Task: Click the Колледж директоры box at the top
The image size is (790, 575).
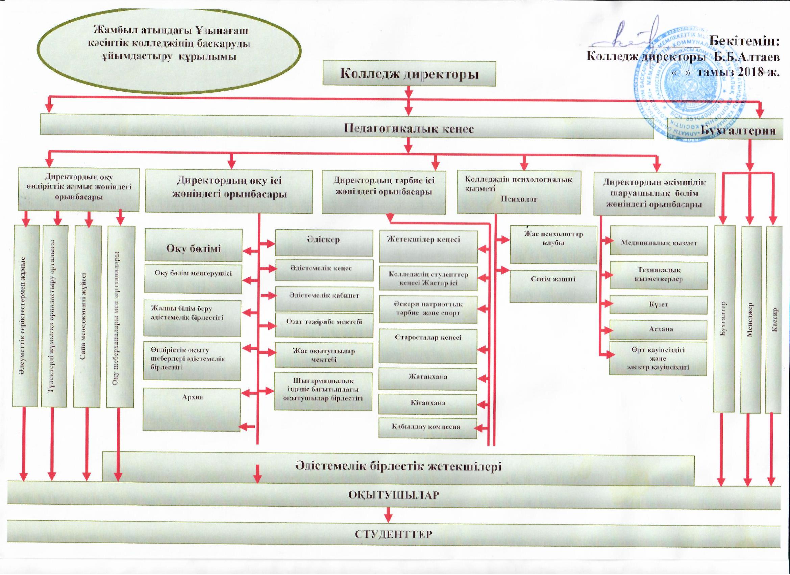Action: [x=409, y=74]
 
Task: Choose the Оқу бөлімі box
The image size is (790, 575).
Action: [x=193, y=246]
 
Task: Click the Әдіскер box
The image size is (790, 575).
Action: [x=324, y=243]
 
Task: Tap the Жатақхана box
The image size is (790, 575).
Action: [x=427, y=379]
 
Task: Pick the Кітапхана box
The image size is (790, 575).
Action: [x=427, y=404]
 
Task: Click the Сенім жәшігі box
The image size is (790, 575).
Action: [x=553, y=286]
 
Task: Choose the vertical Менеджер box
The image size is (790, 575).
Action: [x=750, y=319]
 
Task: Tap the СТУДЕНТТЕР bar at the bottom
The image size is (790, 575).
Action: [x=394, y=534]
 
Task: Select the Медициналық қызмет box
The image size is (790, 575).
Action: [x=659, y=240]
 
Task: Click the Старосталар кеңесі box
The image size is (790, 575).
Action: [x=428, y=346]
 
